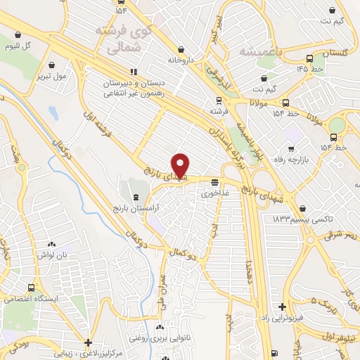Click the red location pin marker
coord(181,165)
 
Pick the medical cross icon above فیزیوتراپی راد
coord(282,307)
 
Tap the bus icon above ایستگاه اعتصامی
coord(31,288)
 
